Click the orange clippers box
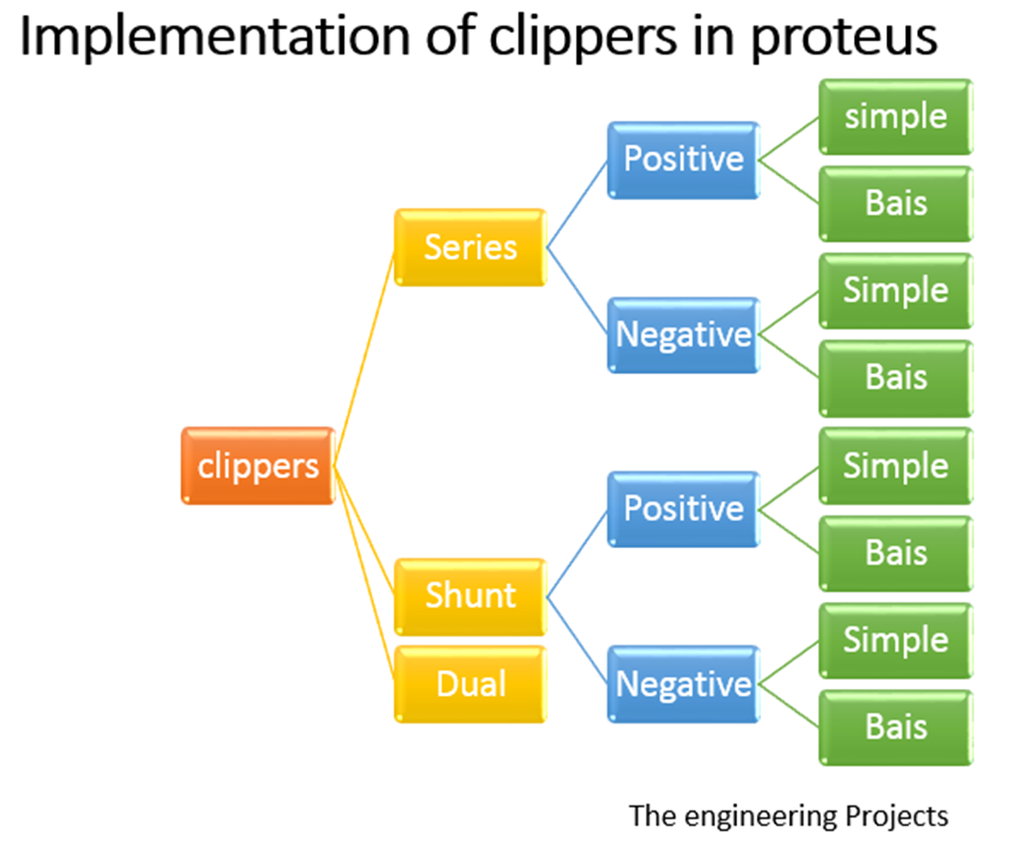(x=257, y=465)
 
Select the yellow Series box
(x=470, y=246)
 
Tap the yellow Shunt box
(x=470, y=596)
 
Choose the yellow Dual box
(x=470, y=684)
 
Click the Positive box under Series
(x=683, y=159)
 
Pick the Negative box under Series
(x=683, y=334)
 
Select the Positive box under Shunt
(x=683, y=509)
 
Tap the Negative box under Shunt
(x=683, y=684)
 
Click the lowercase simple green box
(x=895, y=116)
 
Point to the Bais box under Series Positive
(x=895, y=203)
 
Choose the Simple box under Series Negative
(x=895, y=290)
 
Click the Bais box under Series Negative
(x=895, y=377)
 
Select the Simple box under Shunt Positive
(x=895, y=465)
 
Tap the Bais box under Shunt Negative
(x=895, y=727)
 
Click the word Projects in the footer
(x=896, y=816)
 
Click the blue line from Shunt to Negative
(x=577, y=640)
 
